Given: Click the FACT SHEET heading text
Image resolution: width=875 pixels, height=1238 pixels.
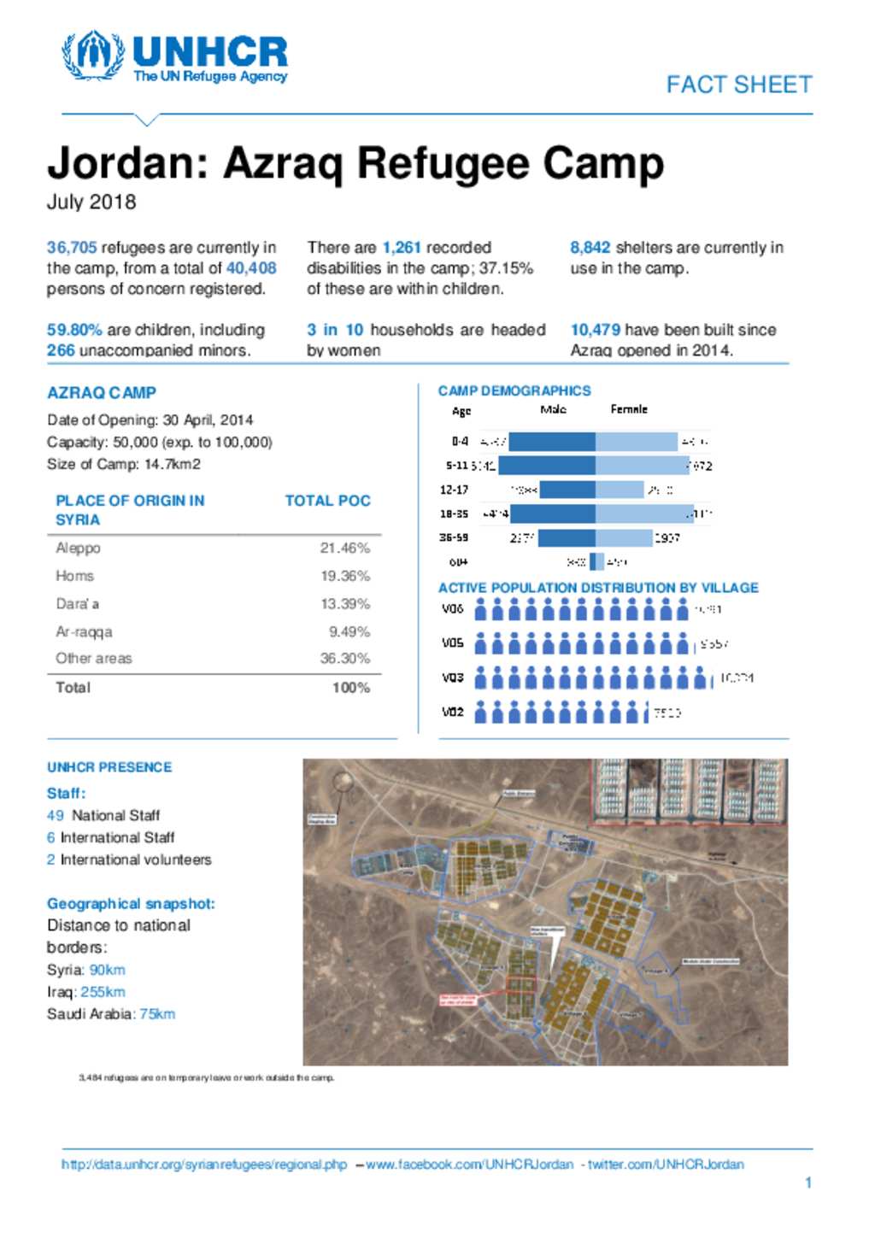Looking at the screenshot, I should pos(738,85).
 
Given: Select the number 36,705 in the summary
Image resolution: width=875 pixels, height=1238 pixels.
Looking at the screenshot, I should pos(72,248).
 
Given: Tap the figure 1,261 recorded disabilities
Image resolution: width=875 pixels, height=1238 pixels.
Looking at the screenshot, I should pos(401,248).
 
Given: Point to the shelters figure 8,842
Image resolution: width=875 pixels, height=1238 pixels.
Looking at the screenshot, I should pos(590,248).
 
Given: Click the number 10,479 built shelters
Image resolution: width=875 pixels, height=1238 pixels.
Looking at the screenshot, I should pos(595,330).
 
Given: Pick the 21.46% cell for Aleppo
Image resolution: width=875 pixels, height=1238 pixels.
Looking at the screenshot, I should pos(344,548).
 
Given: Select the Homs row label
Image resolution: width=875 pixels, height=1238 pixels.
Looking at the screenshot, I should pos(75,576).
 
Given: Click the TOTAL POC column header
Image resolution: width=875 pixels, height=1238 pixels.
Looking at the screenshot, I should pos(327,501).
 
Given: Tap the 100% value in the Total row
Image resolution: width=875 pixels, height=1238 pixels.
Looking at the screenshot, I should pos(350,688).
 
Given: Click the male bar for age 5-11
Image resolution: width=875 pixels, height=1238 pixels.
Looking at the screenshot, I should pos(547,466).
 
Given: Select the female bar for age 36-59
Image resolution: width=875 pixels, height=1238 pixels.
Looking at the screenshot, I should pos(623,538).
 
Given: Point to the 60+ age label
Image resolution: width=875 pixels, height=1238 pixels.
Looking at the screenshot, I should pos(458,562).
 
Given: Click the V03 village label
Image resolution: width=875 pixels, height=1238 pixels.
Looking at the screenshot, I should pos(453,678).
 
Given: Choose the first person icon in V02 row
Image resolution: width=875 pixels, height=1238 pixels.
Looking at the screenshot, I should pos(481,712).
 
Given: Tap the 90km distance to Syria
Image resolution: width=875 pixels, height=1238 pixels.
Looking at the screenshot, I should pos(107,970).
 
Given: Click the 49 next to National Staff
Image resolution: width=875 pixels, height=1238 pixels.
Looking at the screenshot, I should pos(56,815).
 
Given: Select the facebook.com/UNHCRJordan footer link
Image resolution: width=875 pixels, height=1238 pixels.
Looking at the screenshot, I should pos(469,1165).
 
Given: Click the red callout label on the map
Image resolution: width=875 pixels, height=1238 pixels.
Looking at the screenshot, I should pos(459,999).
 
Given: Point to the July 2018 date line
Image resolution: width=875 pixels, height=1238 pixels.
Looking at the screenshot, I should pos(91,202).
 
